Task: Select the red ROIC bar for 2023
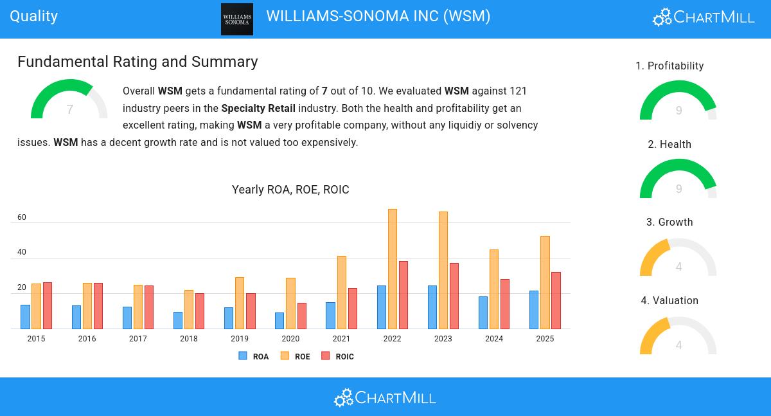coord(454,296)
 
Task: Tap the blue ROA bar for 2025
coord(534,310)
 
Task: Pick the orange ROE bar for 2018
coord(189,309)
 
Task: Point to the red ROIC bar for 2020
coord(301,316)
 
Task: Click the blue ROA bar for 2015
coord(25,317)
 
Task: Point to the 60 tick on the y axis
coord(22,217)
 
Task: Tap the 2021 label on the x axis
coord(341,339)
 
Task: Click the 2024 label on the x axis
coord(494,339)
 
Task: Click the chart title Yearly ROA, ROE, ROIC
coord(290,190)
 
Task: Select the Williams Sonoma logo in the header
coord(237,19)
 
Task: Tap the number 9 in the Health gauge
coord(678,189)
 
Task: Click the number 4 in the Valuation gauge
coord(678,345)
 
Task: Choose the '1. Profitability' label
coord(669,66)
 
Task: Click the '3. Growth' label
coord(669,222)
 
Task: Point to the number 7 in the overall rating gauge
coord(69,110)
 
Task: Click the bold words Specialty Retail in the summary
coord(258,108)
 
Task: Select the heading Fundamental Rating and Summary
coord(137,62)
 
